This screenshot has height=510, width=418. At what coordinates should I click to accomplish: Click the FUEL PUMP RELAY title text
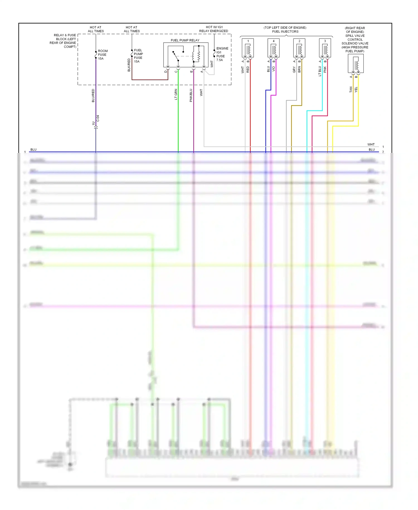(185, 40)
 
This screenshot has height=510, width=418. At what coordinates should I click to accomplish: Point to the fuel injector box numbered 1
(248, 48)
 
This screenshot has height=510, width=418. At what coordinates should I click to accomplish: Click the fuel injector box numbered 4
(273, 48)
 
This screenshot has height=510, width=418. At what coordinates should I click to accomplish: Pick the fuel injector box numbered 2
(299, 48)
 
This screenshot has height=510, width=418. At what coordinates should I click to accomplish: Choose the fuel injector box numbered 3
(325, 48)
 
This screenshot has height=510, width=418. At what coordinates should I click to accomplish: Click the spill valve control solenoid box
(356, 64)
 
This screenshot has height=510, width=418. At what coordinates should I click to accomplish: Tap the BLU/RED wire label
(93, 96)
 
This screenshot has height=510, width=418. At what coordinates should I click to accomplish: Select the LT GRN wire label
(176, 94)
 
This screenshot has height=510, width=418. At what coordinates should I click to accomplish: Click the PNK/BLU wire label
(191, 95)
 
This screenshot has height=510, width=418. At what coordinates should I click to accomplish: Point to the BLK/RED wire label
(129, 65)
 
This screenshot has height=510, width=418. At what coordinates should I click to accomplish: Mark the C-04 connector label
(98, 118)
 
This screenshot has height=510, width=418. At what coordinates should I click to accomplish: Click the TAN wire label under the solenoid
(351, 90)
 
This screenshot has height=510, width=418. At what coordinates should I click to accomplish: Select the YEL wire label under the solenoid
(356, 90)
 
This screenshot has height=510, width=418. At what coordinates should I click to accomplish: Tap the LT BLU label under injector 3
(320, 71)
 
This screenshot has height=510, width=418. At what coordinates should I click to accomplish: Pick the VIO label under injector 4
(273, 69)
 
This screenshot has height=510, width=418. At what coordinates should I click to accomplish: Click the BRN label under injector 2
(299, 69)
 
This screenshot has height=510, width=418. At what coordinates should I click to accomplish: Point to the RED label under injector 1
(248, 69)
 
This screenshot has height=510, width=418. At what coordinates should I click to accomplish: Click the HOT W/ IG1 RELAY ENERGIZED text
(214, 29)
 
